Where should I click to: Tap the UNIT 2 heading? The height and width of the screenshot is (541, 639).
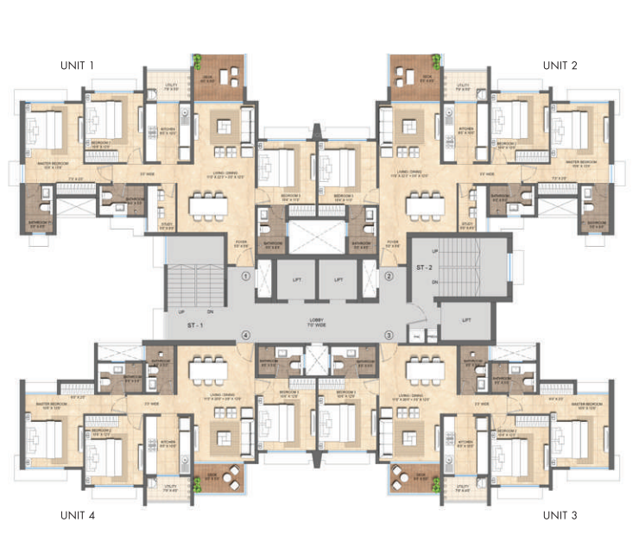[x=560, y=65]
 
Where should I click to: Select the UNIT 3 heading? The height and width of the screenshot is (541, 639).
[x=560, y=515]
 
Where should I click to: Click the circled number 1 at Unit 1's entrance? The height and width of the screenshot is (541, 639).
[x=246, y=277]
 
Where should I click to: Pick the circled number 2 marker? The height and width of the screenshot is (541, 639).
[x=389, y=277]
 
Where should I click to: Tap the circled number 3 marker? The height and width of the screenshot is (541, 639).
[x=389, y=335]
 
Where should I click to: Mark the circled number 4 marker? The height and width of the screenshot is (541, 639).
[x=246, y=335]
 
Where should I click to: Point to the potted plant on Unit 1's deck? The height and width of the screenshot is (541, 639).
[x=197, y=63]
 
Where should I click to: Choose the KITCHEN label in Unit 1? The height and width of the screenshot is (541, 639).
[x=167, y=132]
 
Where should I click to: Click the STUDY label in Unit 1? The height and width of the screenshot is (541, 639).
[x=168, y=226]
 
